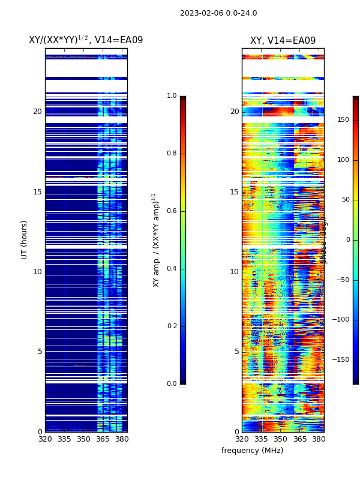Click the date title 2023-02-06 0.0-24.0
tap(218, 13)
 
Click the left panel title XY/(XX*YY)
tap(86, 40)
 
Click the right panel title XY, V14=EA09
tap(283, 41)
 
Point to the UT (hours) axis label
tap(25, 239)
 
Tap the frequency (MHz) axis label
tap(252, 451)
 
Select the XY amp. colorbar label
tap(156, 239)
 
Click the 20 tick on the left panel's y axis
tap(37, 112)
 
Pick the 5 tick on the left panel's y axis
tap(40, 352)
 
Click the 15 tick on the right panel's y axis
tap(234, 192)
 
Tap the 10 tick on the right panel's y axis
tap(234, 272)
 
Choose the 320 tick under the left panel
tap(45, 439)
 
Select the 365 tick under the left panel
tap(103, 439)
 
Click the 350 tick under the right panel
tap(281, 439)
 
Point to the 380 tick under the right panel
tap(319, 439)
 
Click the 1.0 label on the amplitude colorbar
tap(172, 96)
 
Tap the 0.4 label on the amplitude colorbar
tap(172, 269)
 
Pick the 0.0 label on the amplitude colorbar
tap(172, 384)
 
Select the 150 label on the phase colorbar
tap(343, 120)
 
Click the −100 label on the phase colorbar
tap(340, 320)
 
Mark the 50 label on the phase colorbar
tap(344, 200)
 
